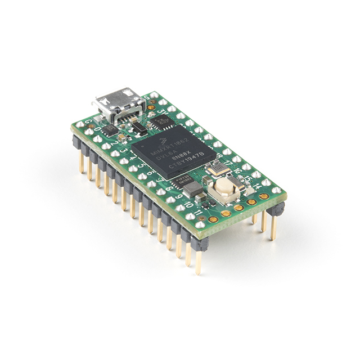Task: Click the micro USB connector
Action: click(x=115, y=104)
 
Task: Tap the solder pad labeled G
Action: click(x=80, y=124)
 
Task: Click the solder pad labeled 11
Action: click(x=200, y=224)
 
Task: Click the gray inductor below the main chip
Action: click(x=194, y=190)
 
